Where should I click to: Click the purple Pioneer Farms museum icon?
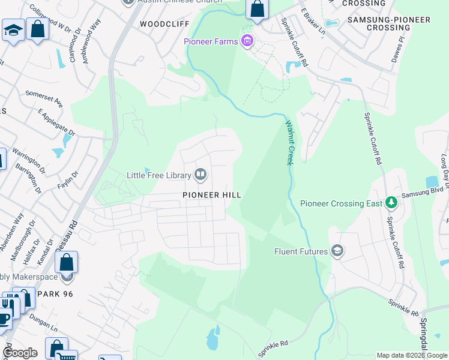tap(246, 41)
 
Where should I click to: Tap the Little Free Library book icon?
tap(200, 175)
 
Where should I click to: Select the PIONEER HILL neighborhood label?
tap(212, 195)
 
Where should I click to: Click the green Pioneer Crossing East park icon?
tap(391, 203)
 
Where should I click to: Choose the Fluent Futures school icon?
tap(337, 251)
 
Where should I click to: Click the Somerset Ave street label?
tap(44, 98)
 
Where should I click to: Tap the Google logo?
tap(20, 353)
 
